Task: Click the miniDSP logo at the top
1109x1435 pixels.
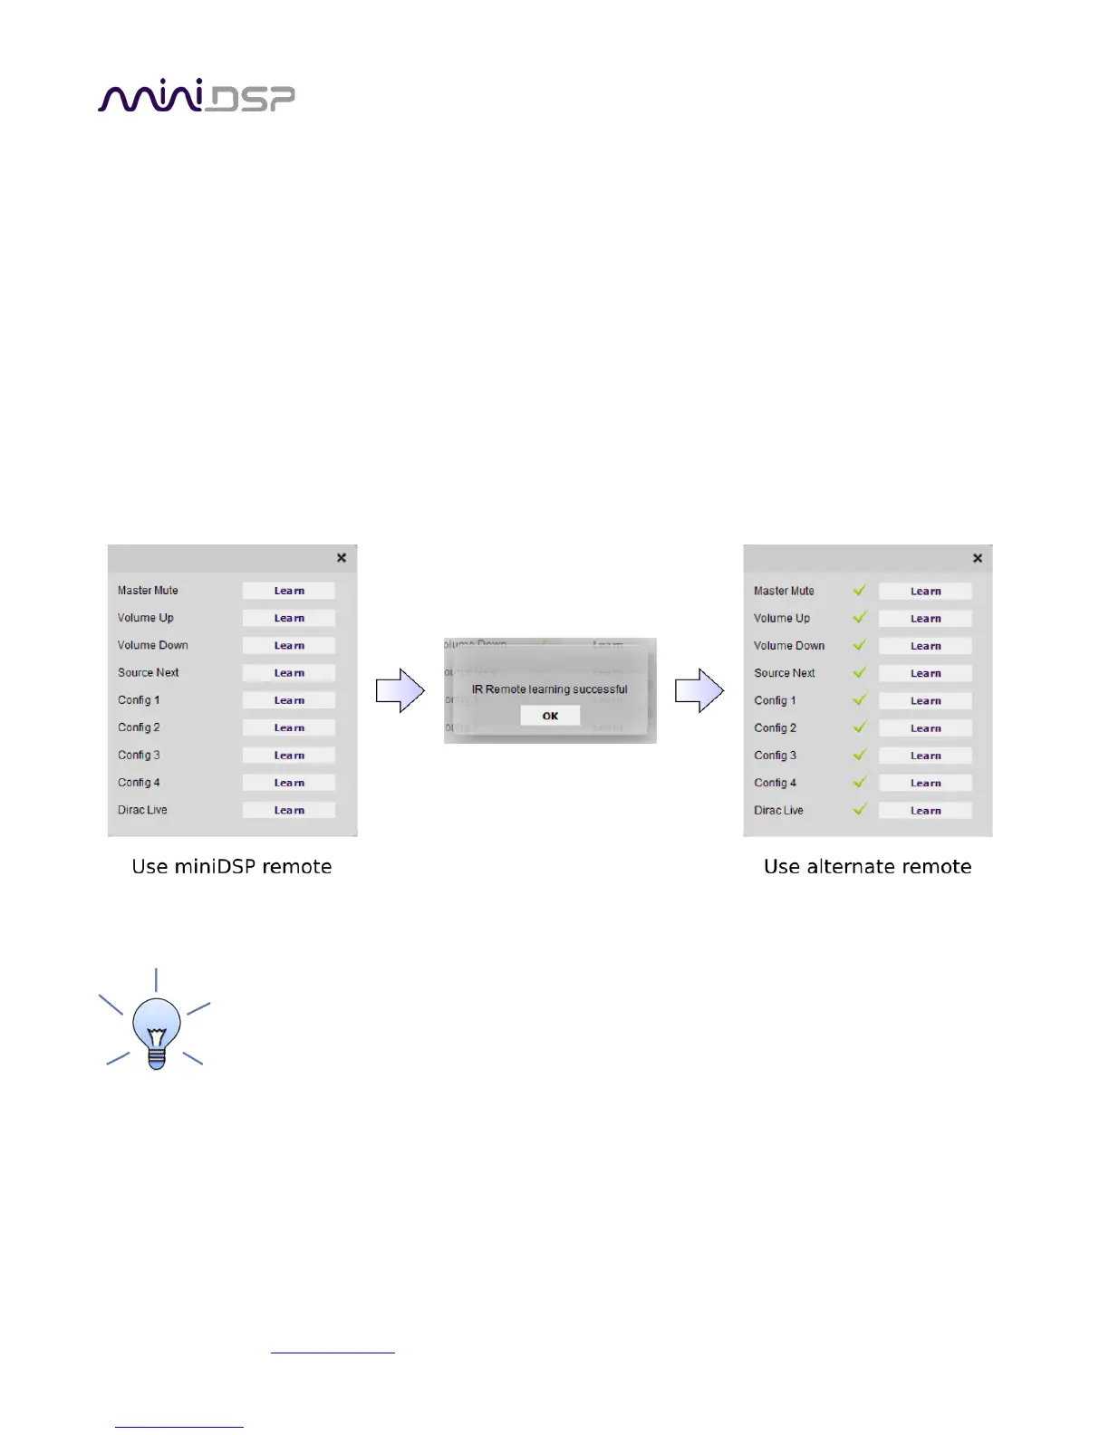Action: click(196, 96)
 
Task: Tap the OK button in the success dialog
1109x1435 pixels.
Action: click(550, 716)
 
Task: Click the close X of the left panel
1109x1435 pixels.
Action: click(342, 558)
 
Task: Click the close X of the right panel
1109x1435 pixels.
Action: click(978, 558)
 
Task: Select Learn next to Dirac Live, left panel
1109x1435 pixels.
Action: click(289, 810)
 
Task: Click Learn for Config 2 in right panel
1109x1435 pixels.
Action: click(925, 728)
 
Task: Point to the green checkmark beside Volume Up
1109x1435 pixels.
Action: click(860, 617)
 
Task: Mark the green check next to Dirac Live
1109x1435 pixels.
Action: click(860, 809)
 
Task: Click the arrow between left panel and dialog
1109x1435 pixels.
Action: click(400, 690)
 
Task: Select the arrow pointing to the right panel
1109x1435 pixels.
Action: click(699, 690)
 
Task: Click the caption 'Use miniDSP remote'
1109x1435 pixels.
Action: click(232, 866)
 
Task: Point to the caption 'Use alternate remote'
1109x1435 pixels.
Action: click(867, 866)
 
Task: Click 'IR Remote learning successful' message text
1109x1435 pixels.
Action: click(549, 689)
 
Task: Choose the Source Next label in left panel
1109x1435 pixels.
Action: click(149, 672)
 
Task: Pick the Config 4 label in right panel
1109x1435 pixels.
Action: click(775, 783)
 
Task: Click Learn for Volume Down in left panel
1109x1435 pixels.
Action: click(289, 645)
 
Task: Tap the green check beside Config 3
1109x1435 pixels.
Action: click(860, 754)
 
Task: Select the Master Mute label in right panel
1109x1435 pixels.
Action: click(784, 591)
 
